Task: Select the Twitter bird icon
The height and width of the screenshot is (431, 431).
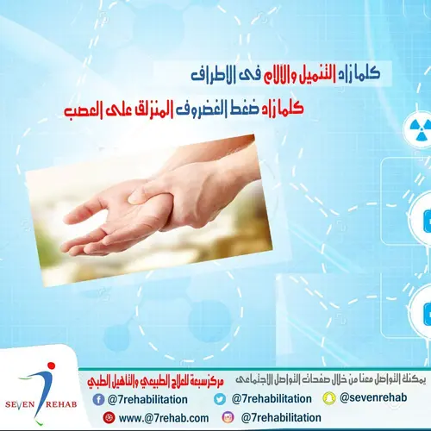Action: pyautogui.click(x=220, y=398)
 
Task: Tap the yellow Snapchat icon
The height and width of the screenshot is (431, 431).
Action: pyautogui.click(x=328, y=398)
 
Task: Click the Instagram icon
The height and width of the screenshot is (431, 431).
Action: pyautogui.click(x=228, y=417)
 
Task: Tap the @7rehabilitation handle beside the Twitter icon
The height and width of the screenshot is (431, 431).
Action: pyautogui.click(x=272, y=398)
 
